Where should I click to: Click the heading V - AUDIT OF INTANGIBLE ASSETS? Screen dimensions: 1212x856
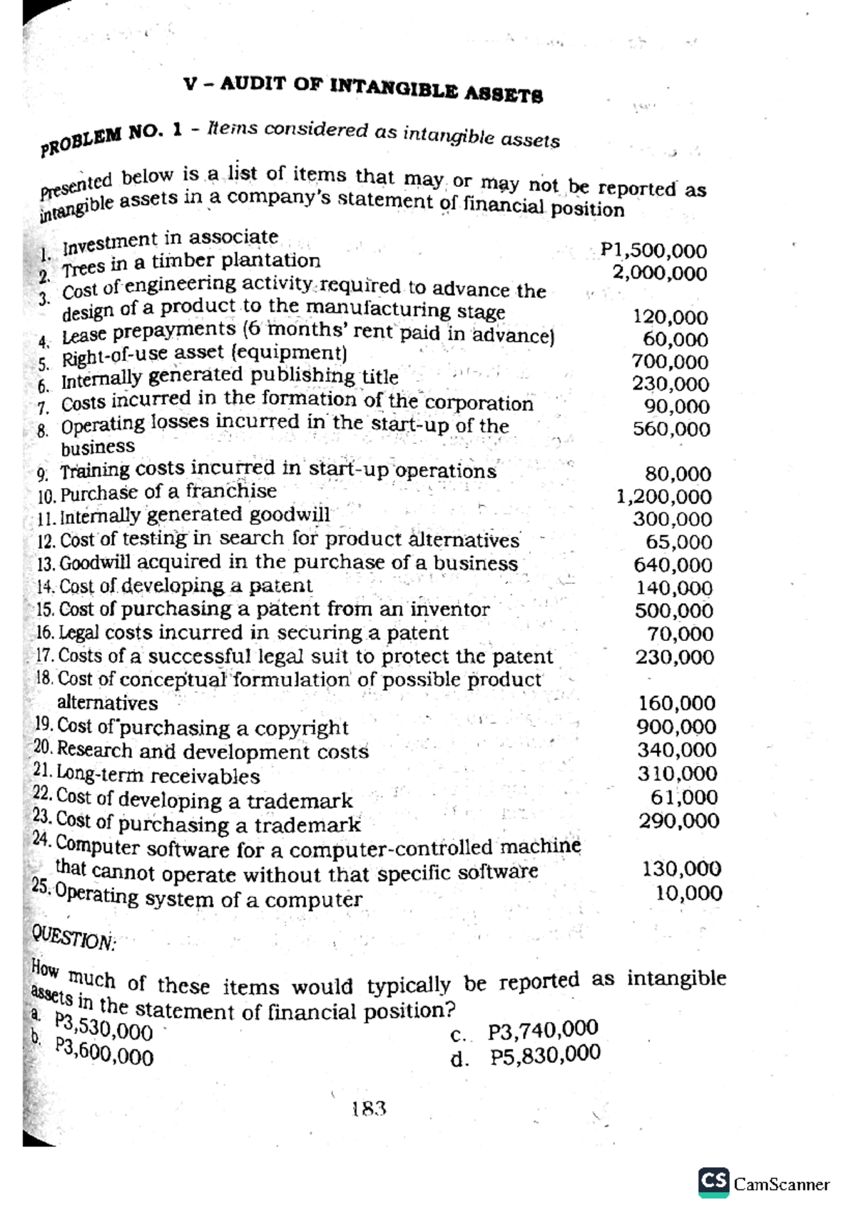(x=363, y=88)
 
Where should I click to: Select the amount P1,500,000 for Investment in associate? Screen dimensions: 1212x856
(x=653, y=251)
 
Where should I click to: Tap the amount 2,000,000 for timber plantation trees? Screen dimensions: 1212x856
(x=660, y=273)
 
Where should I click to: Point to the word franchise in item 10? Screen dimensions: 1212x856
(x=231, y=491)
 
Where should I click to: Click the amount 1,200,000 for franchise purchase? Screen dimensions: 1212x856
(x=663, y=496)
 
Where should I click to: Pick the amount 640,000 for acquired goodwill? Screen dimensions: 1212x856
(x=673, y=565)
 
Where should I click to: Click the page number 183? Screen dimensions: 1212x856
(x=369, y=1109)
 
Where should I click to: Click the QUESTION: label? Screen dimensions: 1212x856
(x=73, y=936)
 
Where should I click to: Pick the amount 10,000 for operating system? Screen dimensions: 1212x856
(x=689, y=893)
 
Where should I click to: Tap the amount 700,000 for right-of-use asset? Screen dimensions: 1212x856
(x=671, y=362)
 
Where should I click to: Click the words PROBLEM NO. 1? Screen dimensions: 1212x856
(x=112, y=136)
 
